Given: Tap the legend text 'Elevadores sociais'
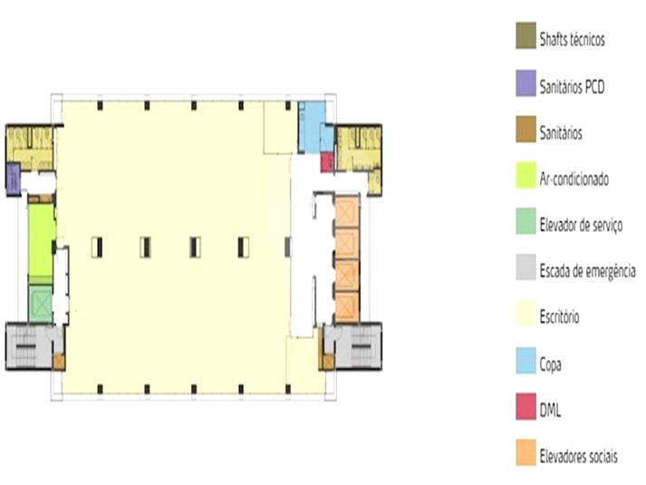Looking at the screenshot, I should (x=579, y=457).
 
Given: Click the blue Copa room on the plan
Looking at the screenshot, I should (x=311, y=121).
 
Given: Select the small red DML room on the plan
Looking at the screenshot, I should (x=328, y=163).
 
